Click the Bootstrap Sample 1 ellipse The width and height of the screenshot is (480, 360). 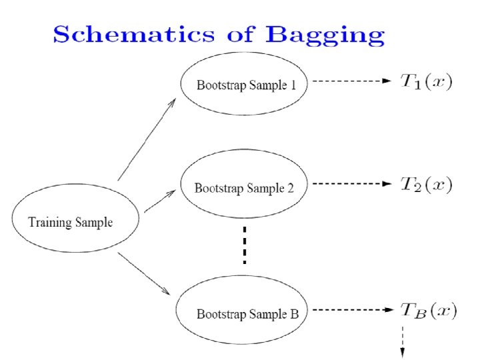pyautogui.click(x=243, y=85)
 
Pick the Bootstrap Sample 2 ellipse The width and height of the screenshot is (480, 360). pyautogui.click(x=243, y=187)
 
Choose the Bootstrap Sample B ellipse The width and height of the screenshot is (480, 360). pyautogui.click(x=243, y=313)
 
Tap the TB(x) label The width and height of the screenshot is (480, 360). pyautogui.click(x=427, y=310)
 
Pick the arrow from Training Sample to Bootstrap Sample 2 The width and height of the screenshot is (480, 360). pyautogui.click(x=160, y=201)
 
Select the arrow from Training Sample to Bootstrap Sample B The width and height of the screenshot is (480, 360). pyautogui.click(x=144, y=273)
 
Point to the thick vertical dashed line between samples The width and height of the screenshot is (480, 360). pyautogui.click(x=244, y=246)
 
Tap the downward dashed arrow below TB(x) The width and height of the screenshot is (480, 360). pyautogui.click(x=402, y=340)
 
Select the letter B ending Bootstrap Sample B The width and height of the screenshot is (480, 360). pyautogui.click(x=294, y=313)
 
